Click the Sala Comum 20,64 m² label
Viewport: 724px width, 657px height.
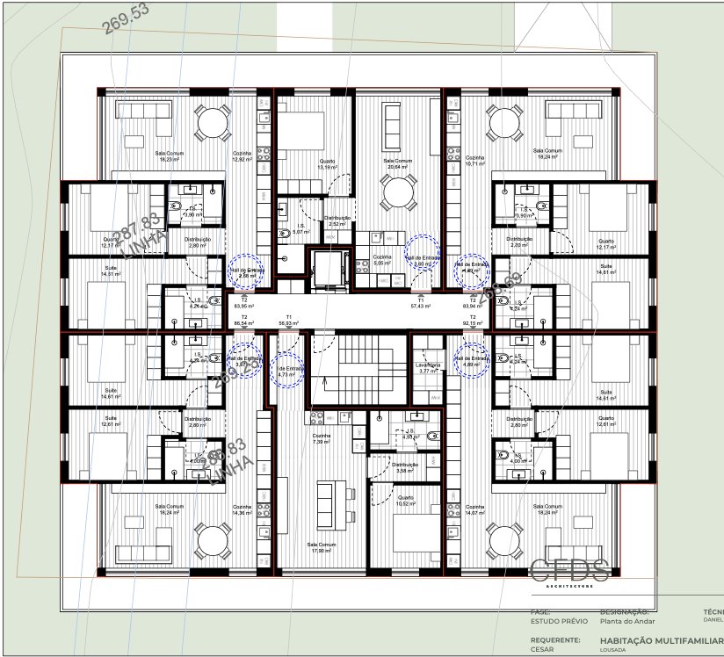click(399, 164)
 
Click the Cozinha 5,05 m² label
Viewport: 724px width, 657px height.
click(381, 259)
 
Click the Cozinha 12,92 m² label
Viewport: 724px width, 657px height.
click(243, 157)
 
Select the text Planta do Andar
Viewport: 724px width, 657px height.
click(624, 620)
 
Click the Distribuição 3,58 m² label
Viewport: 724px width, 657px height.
click(405, 467)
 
